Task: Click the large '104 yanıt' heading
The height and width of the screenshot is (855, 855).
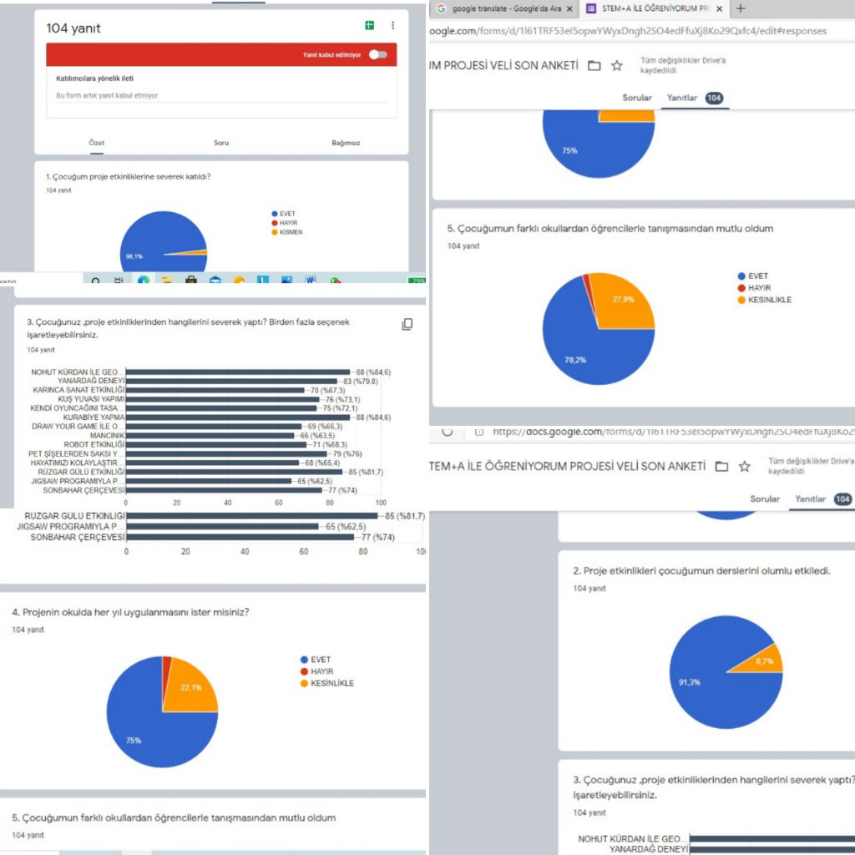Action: tap(73, 28)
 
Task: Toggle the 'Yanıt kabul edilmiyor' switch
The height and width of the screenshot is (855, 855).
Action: tap(378, 55)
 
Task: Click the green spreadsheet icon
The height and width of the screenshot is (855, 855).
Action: tap(369, 26)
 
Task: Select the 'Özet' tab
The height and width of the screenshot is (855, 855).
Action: tap(97, 143)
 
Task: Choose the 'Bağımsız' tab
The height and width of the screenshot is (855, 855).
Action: tap(346, 143)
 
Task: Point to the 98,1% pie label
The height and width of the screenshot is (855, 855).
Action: tap(134, 256)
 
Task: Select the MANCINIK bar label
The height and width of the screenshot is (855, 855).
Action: tap(107, 435)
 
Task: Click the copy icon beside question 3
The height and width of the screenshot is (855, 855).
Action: tap(407, 324)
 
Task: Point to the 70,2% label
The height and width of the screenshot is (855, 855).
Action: tap(574, 361)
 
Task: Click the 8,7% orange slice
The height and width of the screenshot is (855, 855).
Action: tap(766, 660)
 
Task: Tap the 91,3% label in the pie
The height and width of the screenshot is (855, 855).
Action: tap(689, 682)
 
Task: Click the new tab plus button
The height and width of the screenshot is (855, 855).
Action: tap(740, 8)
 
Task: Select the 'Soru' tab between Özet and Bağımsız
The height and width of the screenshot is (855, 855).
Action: tap(221, 143)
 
